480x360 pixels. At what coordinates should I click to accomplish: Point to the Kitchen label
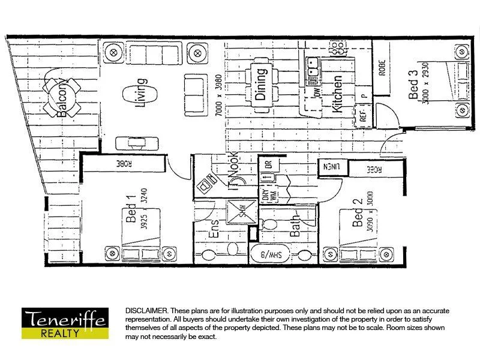pos(337,94)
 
